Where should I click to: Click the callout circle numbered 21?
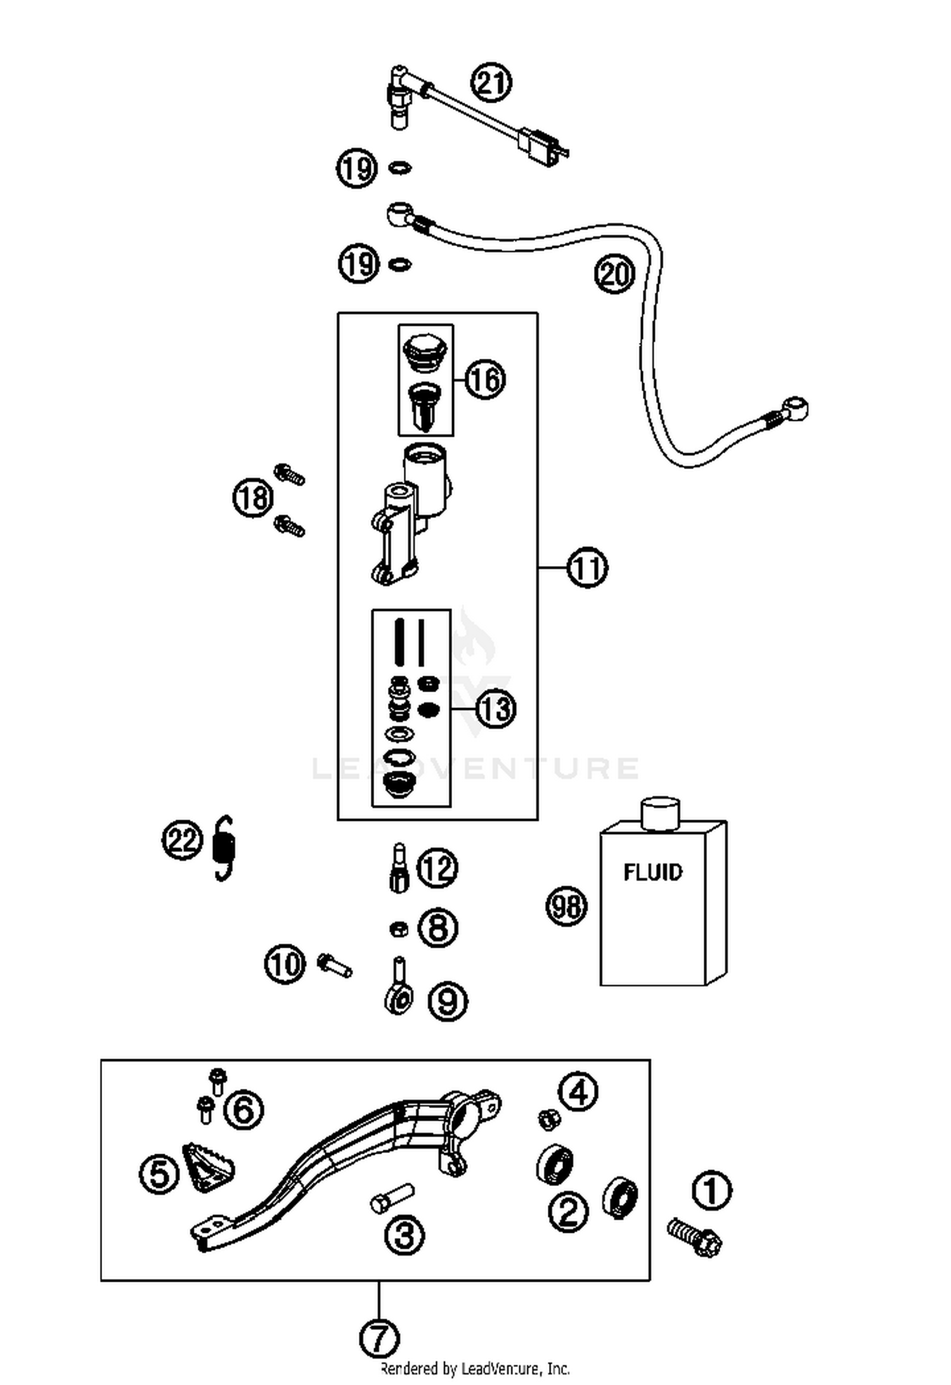tap(491, 83)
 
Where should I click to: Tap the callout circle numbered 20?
tap(614, 274)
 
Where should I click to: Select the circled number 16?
tap(486, 380)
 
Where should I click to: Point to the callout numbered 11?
tap(587, 568)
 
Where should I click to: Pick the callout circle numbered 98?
tap(566, 906)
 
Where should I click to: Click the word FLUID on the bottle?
tap(653, 872)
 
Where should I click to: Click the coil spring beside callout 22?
tap(224, 847)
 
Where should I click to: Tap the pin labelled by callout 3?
tap(392, 1199)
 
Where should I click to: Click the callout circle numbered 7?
tap(378, 1338)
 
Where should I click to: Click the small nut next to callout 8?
tap(398, 929)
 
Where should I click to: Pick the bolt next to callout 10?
tap(334, 966)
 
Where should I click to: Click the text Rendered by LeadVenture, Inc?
tap(474, 1369)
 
